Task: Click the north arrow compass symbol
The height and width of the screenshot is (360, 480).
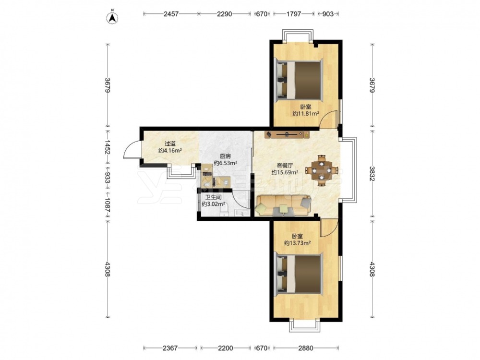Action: tap(112, 18)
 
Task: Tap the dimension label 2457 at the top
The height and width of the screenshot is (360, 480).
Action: tap(171, 14)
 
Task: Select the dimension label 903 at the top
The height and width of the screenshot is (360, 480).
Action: tap(328, 14)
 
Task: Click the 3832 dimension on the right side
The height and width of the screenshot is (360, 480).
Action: tap(372, 174)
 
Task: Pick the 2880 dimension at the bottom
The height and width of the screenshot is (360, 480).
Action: tap(305, 348)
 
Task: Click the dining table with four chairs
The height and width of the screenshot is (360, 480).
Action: tap(321, 170)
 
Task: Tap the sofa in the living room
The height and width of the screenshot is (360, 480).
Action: tap(284, 205)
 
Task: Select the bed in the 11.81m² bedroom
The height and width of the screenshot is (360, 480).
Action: tap(299, 80)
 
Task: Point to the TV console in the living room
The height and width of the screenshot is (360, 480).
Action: tap(287, 134)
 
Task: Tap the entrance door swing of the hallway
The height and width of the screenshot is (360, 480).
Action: tap(132, 150)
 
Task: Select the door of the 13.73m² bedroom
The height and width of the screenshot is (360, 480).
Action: tap(328, 228)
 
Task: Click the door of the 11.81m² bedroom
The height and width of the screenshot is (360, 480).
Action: tap(328, 119)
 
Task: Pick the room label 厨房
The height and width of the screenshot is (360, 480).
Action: tap(226, 156)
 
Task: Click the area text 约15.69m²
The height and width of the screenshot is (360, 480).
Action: tap(285, 172)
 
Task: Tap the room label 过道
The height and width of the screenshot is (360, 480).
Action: tap(170, 143)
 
